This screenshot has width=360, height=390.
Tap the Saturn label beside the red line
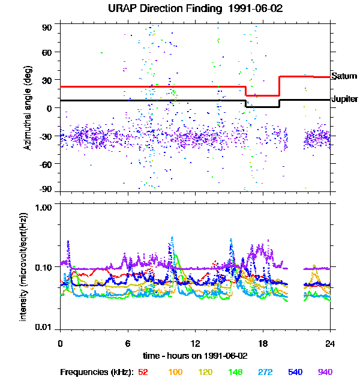[344, 76]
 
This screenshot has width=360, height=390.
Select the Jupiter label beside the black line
[345, 99]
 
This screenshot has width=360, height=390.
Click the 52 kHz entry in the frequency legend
[143, 372]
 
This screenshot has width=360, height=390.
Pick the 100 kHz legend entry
[175, 372]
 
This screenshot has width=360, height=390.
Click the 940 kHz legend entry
[325, 372]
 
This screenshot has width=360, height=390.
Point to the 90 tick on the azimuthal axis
[47, 28]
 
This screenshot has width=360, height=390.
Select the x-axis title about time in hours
[196, 356]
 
